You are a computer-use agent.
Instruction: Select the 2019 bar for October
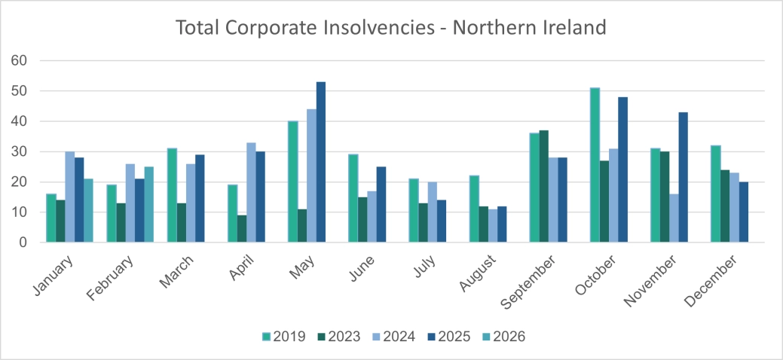(595, 165)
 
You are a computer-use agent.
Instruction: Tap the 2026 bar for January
(88, 211)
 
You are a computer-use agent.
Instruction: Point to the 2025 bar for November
(683, 178)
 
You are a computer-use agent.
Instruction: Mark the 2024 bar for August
(493, 226)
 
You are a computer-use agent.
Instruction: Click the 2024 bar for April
(251, 193)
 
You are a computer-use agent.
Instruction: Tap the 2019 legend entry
(283, 337)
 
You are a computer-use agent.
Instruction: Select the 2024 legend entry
(392, 337)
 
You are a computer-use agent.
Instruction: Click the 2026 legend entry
(501, 337)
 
